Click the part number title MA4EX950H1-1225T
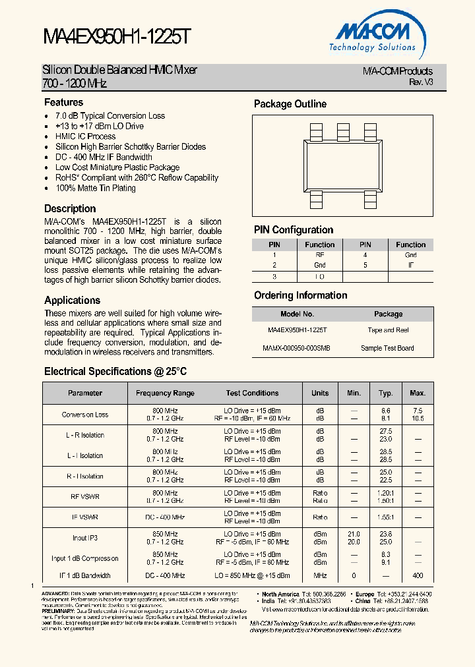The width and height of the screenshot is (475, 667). (x=117, y=37)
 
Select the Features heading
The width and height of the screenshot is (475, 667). (x=63, y=102)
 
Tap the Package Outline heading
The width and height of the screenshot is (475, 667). (x=290, y=104)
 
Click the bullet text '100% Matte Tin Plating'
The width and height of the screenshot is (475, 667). (x=96, y=188)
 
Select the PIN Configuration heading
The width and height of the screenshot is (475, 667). (x=294, y=230)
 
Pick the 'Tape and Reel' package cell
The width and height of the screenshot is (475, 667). (x=388, y=330)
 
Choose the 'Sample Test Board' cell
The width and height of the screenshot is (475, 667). (x=388, y=348)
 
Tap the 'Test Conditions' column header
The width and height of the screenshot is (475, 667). (x=252, y=393)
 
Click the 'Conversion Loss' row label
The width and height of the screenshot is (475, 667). (x=85, y=415)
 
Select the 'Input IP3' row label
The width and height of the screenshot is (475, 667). (x=85, y=538)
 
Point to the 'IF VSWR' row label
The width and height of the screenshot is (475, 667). (x=85, y=517)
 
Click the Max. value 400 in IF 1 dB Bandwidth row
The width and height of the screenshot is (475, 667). (x=417, y=575)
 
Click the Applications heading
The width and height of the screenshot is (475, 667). (x=72, y=301)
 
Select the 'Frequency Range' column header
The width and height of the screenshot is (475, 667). (x=165, y=393)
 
